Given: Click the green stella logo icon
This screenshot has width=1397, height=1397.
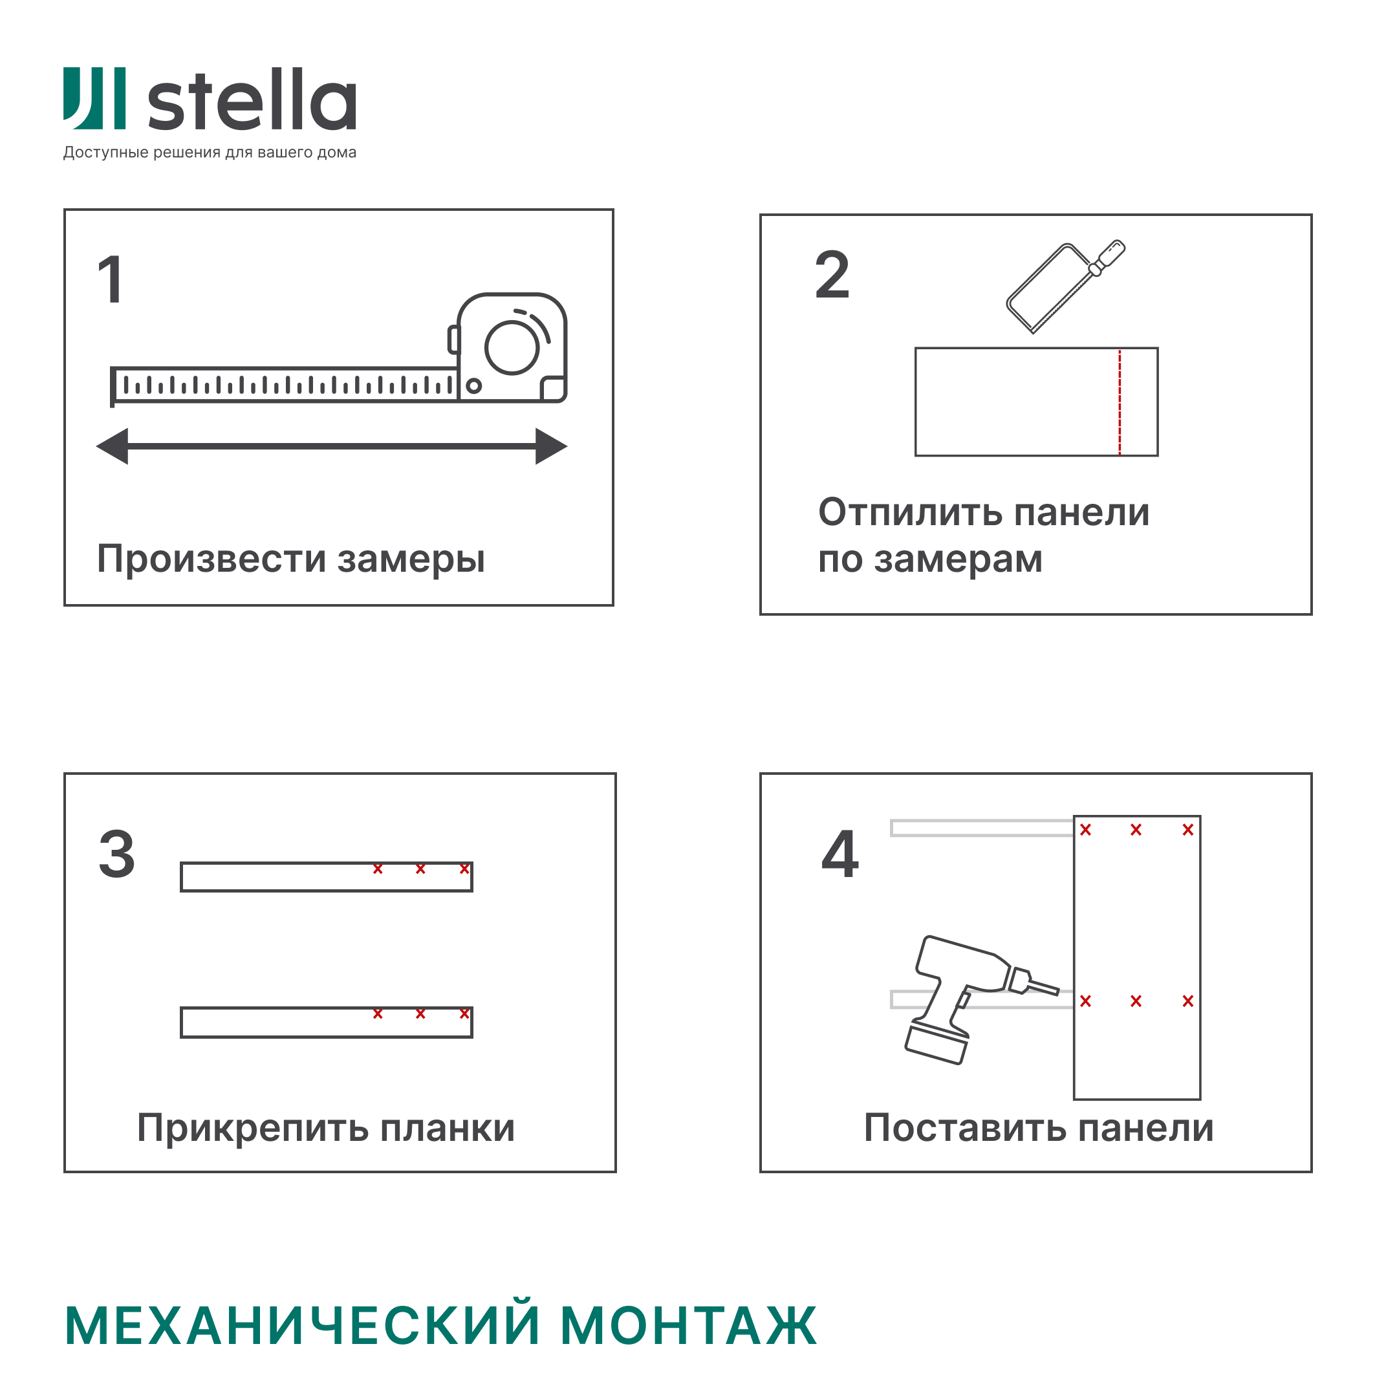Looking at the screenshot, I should click(94, 98).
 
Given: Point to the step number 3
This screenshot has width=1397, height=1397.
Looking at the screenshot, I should click(117, 854).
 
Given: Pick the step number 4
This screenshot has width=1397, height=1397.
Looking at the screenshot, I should click(840, 854).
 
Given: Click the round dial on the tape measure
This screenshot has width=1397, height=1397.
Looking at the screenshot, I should click(512, 348).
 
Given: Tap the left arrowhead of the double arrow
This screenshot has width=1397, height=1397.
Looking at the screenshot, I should click(114, 446).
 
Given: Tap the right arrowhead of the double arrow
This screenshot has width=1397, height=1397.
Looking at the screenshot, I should click(550, 446).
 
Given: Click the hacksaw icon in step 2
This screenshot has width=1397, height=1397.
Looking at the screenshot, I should click(1063, 287).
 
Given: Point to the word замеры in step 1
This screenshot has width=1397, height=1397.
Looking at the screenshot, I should click(411, 559).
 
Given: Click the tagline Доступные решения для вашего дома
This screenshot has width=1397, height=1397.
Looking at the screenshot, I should click(210, 153).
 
